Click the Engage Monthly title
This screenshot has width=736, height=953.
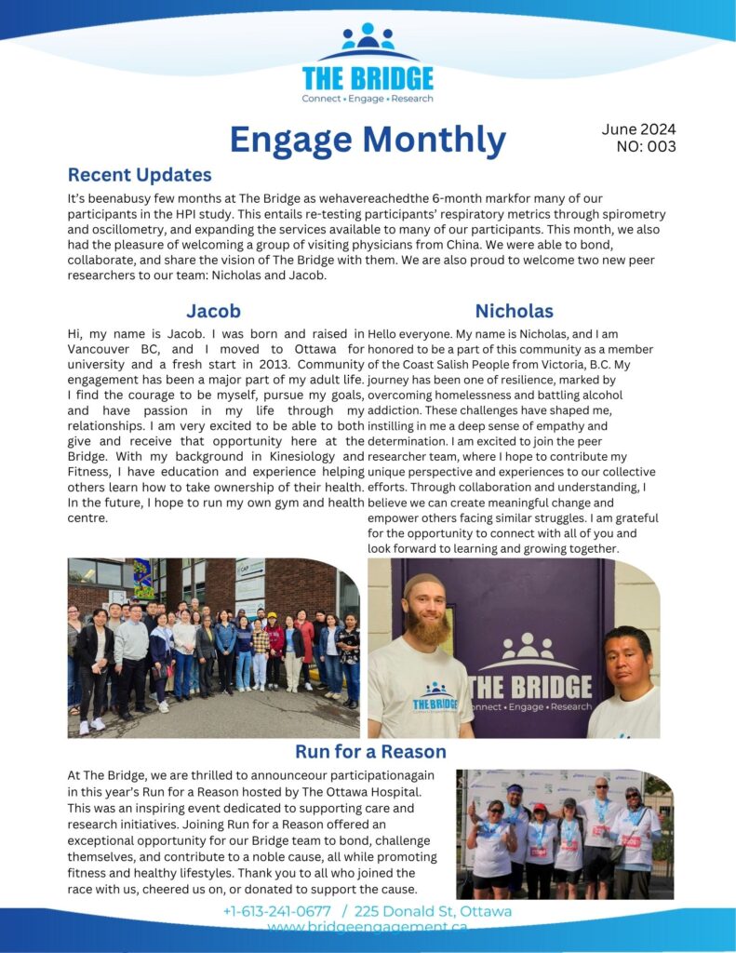pyautogui.click(x=368, y=141)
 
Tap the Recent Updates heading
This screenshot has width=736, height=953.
pyautogui.click(x=140, y=175)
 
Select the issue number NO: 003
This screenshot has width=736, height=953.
pyautogui.click(x=646, y=146)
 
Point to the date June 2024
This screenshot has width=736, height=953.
pyautogui.click(x=638, y=129)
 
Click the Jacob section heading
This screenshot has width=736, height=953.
pyautogui.click(x=213, y=311)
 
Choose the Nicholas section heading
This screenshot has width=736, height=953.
pyautogui.click(x=514, y=311)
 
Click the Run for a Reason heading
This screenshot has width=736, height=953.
pyautogui.click(x=370, y=751)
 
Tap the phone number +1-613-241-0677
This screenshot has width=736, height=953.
pyautogui.click(x=276, y=911)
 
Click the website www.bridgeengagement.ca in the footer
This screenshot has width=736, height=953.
pyautogui.click(x=368, y=928)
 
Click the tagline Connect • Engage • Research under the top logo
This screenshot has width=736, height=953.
pyautogui.click(x=368, y=99)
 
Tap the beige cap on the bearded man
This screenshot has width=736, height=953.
pyautogui.click(x=424, y=585)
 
